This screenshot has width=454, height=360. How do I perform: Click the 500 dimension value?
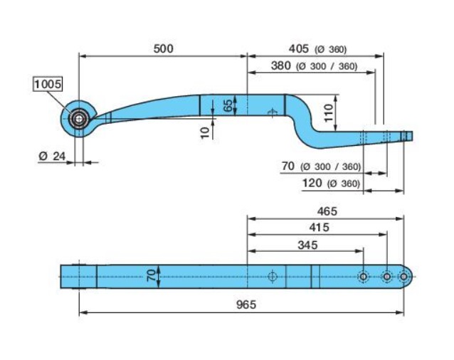(x=164, y=48)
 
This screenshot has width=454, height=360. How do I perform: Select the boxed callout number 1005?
(x=48, y=84)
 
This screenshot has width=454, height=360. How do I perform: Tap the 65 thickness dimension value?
(x=227, y=105)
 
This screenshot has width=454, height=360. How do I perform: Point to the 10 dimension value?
(x=205, y=132)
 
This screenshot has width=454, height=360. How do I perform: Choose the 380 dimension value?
(x=282, y=66)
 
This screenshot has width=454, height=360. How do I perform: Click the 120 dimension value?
(x=313, y=184)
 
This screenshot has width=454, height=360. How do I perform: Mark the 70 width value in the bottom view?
(x=151, y=275)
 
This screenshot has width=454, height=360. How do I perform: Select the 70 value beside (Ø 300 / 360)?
(x=288, y=166)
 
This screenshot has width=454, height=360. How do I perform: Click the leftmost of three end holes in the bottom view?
(x=363, y=276)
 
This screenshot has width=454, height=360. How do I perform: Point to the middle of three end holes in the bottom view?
(x=386, y=276)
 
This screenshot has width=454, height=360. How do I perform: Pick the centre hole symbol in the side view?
(x=270, y=112)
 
